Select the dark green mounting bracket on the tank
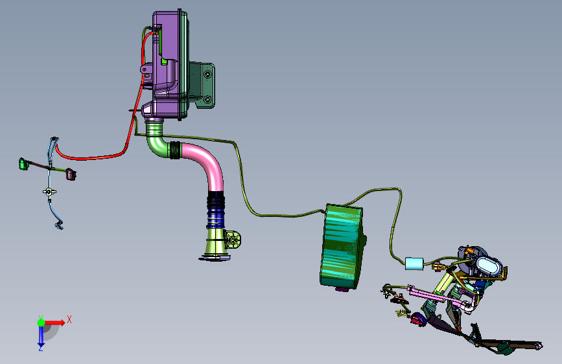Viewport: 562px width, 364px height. click(202, 85)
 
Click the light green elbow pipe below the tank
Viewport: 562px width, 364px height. click(156, 140)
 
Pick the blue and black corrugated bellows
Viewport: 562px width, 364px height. click(215, 210)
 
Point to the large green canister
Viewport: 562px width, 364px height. click(342, 246)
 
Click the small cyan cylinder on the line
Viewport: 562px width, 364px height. click(414, 264)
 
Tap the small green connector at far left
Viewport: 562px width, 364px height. click(23, 164)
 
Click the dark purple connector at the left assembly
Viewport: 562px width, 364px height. click(71, 174)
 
